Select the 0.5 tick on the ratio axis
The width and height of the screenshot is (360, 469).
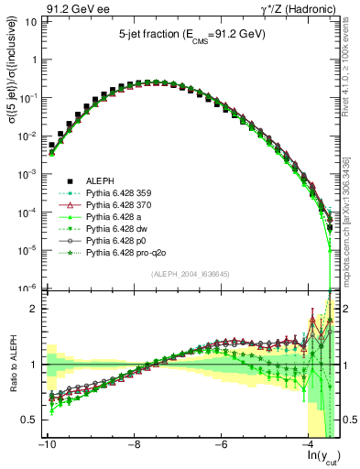(x=27, y=420)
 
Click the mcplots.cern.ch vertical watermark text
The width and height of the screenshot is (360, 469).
(x=351, y=234)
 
